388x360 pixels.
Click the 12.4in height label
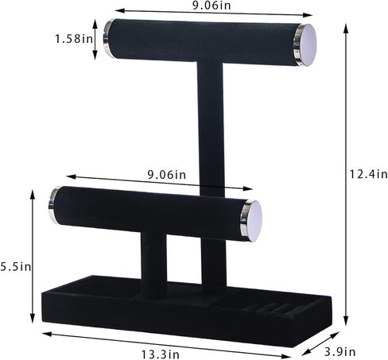371,174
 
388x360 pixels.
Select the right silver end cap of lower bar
251,220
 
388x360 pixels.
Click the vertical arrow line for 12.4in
347,175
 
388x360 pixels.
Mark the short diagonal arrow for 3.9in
325,339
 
